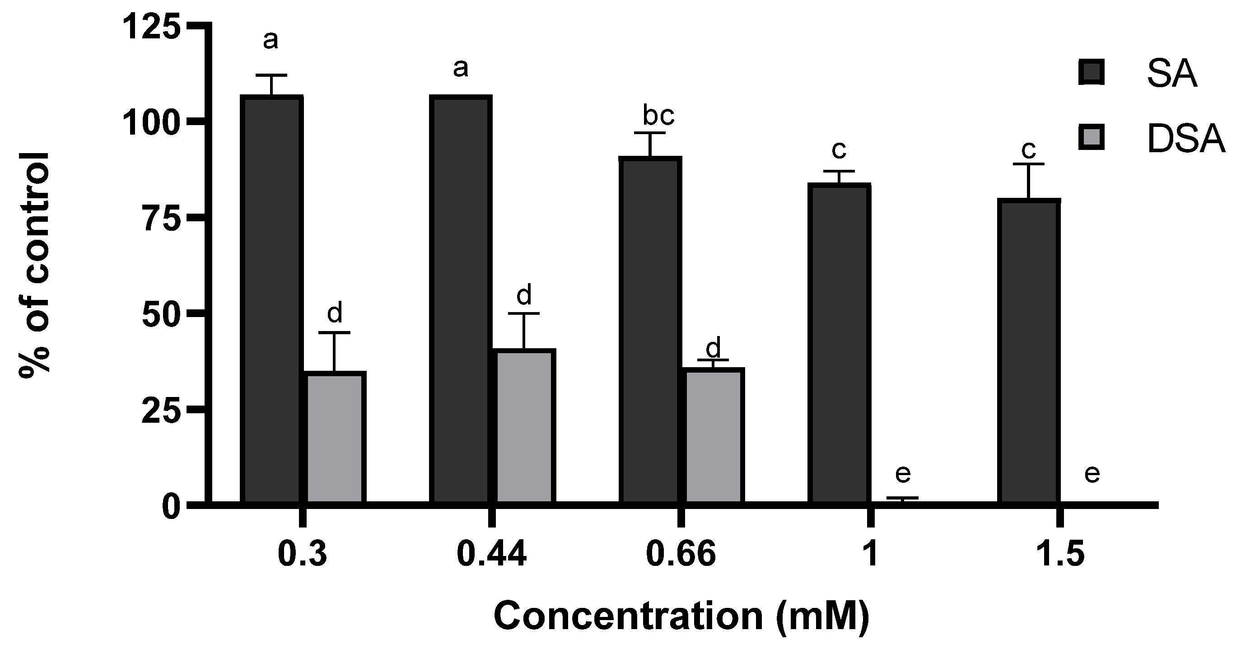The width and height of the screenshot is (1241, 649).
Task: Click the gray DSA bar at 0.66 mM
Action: pos(714,435)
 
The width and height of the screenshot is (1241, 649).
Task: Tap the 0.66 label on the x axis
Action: pos(681,555)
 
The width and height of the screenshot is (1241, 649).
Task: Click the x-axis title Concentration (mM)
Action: pos(681,616)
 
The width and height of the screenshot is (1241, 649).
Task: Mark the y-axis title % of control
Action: pos(35,265)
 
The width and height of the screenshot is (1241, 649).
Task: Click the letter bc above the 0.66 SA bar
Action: pos(658,115)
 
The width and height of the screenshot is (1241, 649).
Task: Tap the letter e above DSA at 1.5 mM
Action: pos(1092,474)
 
